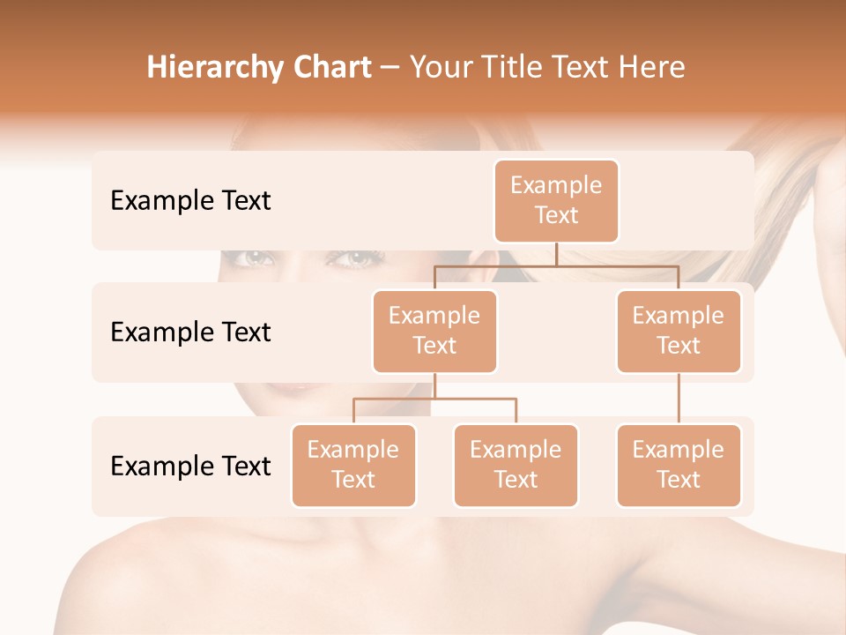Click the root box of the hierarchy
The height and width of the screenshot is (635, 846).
tap(556, 200)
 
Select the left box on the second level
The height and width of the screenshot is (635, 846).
tap(434, 331)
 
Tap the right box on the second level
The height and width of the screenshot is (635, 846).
tap(679, 331)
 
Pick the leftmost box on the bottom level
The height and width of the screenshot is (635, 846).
tap(353, 465)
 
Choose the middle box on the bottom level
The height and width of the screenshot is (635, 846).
tap(516, 465)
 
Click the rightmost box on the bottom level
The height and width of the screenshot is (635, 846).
tap(679, 465)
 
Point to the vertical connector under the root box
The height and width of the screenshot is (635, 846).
tap(556, 254)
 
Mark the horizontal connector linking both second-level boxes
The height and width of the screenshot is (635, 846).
tap(556, 265)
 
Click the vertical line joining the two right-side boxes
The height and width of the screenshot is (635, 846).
tap(679, 399)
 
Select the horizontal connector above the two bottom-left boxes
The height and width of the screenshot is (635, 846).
tap(434, 399)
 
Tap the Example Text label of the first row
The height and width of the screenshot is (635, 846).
tap(190, 201)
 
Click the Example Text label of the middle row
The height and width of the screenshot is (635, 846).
tap(190, 332)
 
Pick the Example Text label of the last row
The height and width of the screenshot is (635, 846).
tap(190, 466)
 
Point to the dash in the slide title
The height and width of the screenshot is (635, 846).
tap(390, 69)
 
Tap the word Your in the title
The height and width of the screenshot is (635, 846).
tap(438, 68)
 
